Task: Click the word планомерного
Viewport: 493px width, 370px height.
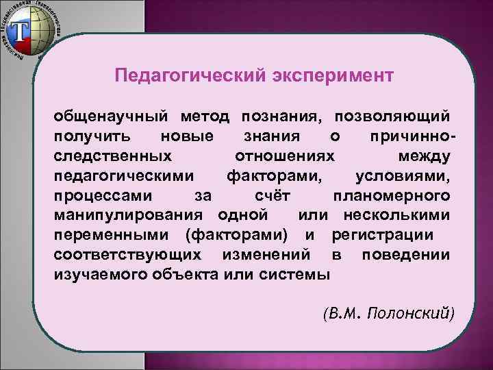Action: (391, 196)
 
